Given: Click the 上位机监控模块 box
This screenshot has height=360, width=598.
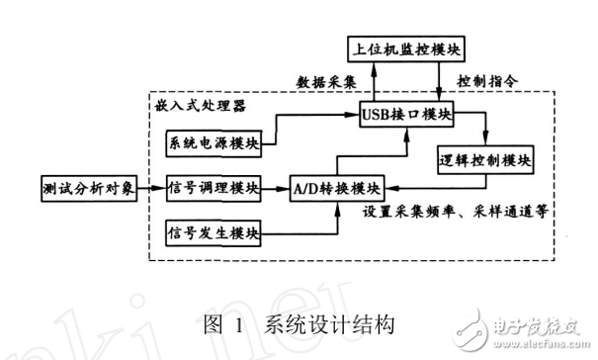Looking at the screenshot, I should pyautogui.click(x=408, y=47).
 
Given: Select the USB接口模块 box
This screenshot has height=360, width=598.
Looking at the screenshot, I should pyautogui.click(x=407, y=115).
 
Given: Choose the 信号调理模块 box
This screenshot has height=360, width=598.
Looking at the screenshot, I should pyautogui.click(x=214, y=186).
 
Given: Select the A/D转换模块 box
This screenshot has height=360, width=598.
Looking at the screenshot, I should pyautogui.click(x=336, y=186).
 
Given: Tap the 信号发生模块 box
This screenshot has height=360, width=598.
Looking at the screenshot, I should pyautogui.click(x=214, y=234).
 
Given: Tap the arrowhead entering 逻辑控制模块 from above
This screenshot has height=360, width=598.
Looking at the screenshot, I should pyautogui.click(x=485, y=141).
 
